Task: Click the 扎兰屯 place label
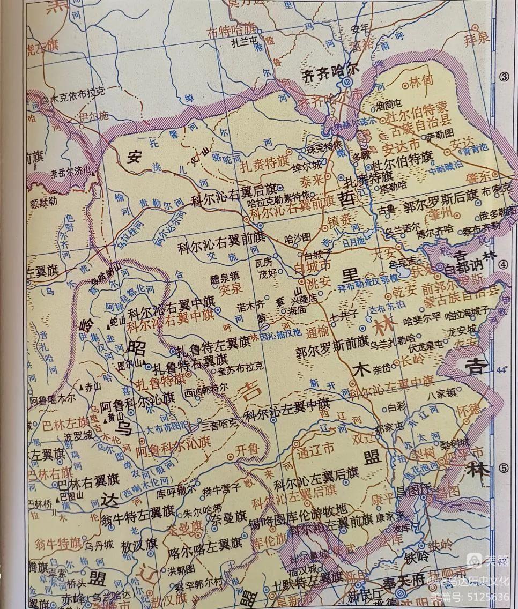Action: pyautogui.click(x=244, y=40)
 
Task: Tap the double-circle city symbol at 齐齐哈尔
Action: pyautogui.click(x=346, y=82)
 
